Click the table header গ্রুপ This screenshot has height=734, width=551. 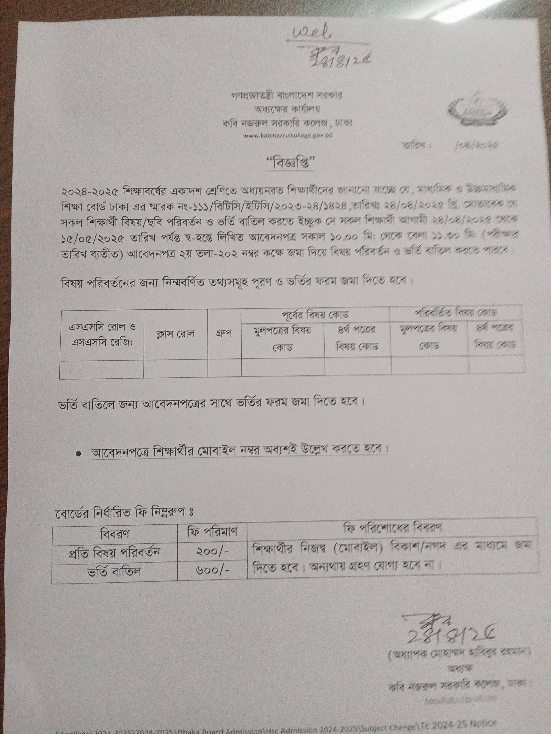click(x=224, y=333)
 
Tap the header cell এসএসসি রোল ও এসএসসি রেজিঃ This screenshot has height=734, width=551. click(x=102, y=334)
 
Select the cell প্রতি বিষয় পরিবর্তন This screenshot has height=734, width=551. click(x=114, y=552)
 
